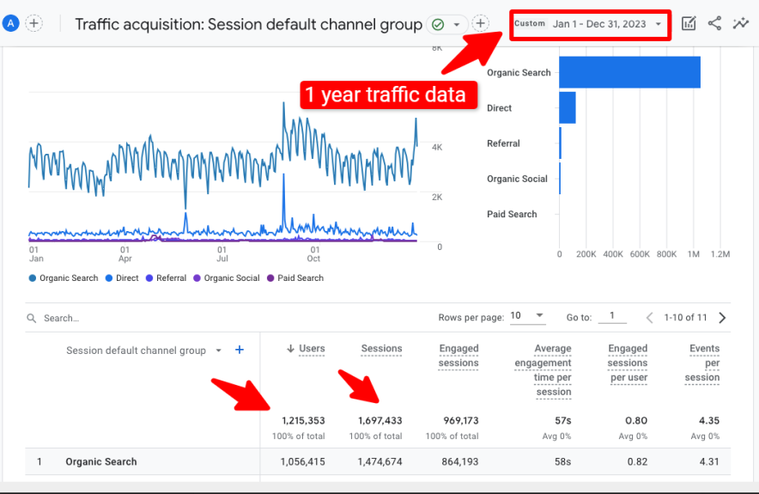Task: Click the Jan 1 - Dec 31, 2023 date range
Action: coord(599,24)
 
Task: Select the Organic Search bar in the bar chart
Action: coord(629,72)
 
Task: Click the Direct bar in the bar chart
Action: coord(568,108)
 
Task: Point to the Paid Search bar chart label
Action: coord(512,215)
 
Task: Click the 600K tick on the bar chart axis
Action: coord(640,254)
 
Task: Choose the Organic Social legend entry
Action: coord(226,278)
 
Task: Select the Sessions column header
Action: coord(381,349)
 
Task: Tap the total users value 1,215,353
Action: coord(303,421)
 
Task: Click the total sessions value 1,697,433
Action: coord(379,421)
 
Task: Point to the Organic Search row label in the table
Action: coord(101,462)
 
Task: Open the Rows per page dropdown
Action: coord(527,316)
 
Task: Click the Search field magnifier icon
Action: coord(32,318)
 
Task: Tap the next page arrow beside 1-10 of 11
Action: coord(722,318)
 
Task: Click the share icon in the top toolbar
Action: coord(714,24)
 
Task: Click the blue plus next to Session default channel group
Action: coord(240,350)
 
